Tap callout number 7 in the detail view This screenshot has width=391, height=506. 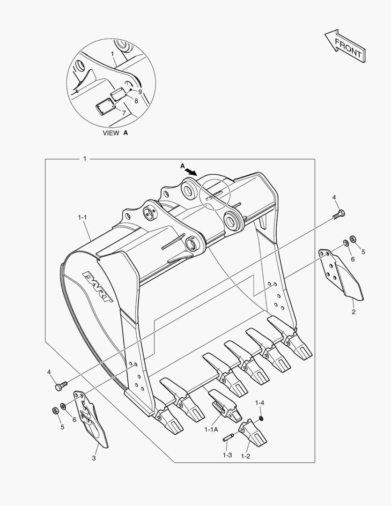point(124,112)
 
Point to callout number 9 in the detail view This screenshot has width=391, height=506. point(140,92)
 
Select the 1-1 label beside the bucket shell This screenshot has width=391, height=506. point(82,217)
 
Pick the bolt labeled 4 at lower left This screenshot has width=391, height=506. point(59,387)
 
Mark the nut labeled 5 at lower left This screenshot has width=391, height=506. point(55,410)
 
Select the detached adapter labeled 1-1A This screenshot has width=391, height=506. point(225,404)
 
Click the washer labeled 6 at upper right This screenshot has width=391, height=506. point(345,242)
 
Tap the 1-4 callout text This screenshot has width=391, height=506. point(260,403)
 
